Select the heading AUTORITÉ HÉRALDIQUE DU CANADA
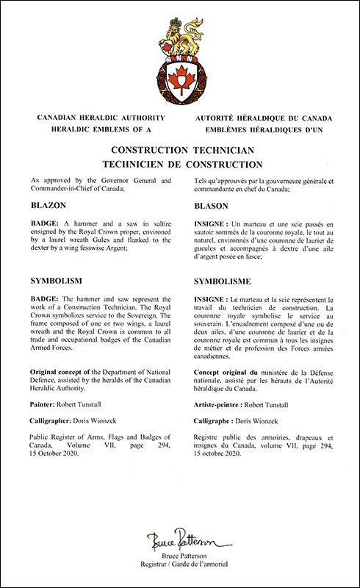pyautogui.click(x=259, y=118)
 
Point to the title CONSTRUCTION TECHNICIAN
pyautogui.click(x=180, y=149)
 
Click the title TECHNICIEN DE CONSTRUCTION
pyautogui.click(x=180, y=163)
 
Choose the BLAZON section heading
pyautogui.click(x=51, y=207)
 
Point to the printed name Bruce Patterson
pyautogui.click(x=180, y=556)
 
